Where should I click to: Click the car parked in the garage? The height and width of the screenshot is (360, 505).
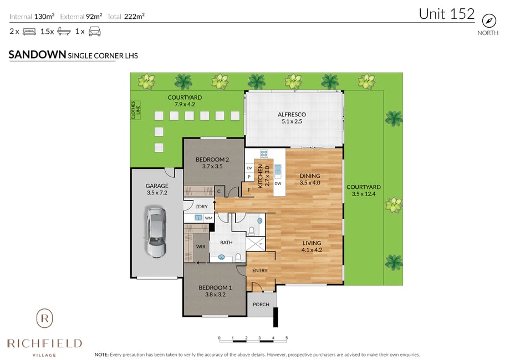[x=156, y=232]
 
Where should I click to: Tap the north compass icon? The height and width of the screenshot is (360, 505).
[x=488, y=21]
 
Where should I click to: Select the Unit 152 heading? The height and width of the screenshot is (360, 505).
[x=446, y=14]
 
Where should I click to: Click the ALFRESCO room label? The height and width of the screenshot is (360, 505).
[x=292, y=115]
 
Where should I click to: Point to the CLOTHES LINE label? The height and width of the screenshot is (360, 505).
[x=136, y=110]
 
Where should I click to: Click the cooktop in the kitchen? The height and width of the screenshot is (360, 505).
[x=264, y=153]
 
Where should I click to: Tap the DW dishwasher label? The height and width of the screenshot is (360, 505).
[x=278, y=183]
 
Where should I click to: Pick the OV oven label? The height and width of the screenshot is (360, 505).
[x=249, y=168]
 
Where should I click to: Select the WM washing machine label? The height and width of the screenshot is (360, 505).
[x=208, y=218]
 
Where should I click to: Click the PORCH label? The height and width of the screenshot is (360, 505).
[x=261, y=305]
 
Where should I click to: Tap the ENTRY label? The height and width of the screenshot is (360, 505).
[x=260, y=271]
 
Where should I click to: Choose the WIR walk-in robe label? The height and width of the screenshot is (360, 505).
[x=201, y=246]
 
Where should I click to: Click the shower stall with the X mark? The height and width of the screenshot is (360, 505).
[x=256, y=244]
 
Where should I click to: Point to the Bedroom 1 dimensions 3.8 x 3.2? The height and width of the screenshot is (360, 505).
[x=215, y=295]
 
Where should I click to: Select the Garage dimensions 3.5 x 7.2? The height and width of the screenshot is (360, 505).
[x=157, y=193]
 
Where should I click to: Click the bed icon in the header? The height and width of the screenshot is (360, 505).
[x=29, y=32]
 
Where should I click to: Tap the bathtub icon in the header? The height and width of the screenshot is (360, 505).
[x=64, y=32]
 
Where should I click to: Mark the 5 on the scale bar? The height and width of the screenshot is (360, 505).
[x=287, y=338]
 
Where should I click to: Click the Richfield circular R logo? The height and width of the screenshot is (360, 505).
[x=44, y=318]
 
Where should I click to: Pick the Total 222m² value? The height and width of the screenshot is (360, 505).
[x=134, y=17]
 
